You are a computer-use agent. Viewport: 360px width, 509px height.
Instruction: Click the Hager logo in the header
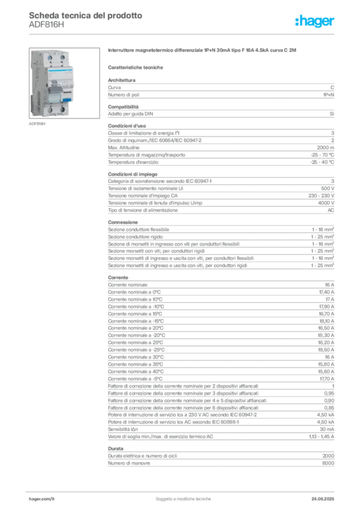315,21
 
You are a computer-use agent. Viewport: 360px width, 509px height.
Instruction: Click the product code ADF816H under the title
46,25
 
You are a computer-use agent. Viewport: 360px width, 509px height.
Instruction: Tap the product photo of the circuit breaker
64,83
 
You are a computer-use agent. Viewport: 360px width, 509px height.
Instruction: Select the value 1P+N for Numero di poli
329,95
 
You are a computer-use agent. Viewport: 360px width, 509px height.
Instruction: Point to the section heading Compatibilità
123,107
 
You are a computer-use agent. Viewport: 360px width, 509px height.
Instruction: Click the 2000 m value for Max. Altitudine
325,148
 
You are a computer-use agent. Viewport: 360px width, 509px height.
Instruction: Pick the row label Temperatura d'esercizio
133,163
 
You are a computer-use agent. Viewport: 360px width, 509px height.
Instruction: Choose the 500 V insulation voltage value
328,188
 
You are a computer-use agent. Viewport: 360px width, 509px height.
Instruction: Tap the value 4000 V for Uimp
326,203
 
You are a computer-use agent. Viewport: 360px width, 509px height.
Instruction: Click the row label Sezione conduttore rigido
135,237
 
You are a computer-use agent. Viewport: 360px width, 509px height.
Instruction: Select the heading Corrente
118,277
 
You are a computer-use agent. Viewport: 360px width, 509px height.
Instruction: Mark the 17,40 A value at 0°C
327,292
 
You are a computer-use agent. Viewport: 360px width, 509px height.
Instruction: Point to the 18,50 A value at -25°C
326,350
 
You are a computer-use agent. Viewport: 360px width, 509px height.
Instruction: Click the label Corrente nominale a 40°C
136,372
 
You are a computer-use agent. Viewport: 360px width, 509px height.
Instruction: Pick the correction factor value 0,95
329,394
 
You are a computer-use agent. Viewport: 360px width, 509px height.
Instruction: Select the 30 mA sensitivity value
327,429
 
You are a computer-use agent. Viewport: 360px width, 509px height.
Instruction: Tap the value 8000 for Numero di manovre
328,463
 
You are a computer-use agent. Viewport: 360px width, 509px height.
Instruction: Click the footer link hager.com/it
42,499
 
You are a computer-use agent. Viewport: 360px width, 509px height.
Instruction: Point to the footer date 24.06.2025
323,499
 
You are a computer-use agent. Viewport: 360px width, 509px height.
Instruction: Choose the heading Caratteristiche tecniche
135,68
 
